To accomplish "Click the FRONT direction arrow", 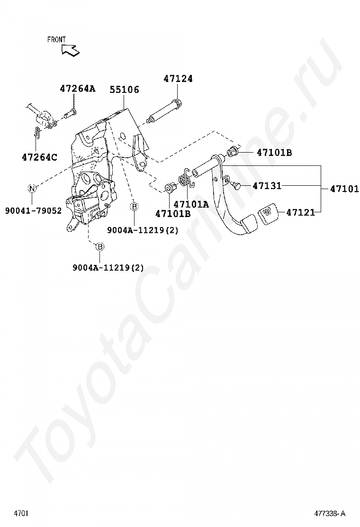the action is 70,49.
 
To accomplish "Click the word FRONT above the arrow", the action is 56,40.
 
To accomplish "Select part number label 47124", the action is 178,79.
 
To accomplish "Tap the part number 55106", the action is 124,89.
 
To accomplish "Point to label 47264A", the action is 77,89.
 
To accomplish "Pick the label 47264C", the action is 39,157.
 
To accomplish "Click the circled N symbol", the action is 32,188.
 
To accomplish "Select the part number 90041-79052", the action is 33,210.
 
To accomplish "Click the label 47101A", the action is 191,204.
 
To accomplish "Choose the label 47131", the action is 267,186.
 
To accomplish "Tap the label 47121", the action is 300,212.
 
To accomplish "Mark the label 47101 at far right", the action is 344,189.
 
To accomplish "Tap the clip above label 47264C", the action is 37,133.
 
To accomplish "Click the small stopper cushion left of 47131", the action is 236,185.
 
